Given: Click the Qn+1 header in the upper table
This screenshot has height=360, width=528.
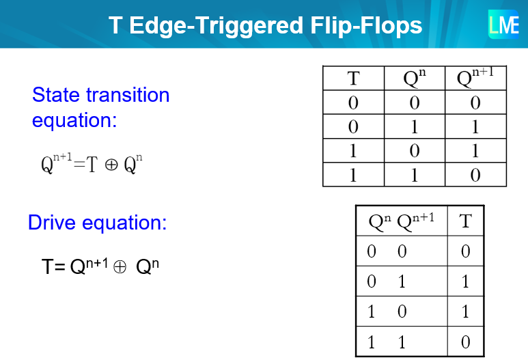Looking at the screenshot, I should click(x=475, y=78).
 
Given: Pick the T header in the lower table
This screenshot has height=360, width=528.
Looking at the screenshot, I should click(x=465, y=221).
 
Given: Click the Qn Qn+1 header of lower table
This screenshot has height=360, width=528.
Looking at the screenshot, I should click(x=401, y=221).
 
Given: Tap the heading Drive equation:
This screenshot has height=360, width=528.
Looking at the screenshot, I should click(x=97, y=223).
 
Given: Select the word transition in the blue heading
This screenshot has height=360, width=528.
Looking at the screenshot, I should click(x=130, y=95).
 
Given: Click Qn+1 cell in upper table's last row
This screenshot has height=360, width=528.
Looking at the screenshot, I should click(x=475, y=175).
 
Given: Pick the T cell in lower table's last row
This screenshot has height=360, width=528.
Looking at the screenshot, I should click(x=465, y=342).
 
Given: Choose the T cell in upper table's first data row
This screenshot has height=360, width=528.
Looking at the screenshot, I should click(x=353, y=103).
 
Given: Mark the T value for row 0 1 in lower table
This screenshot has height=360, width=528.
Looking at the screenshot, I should click(x=465, y=281).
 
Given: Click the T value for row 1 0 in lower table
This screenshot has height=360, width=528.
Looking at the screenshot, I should click(x=465, y=311).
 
